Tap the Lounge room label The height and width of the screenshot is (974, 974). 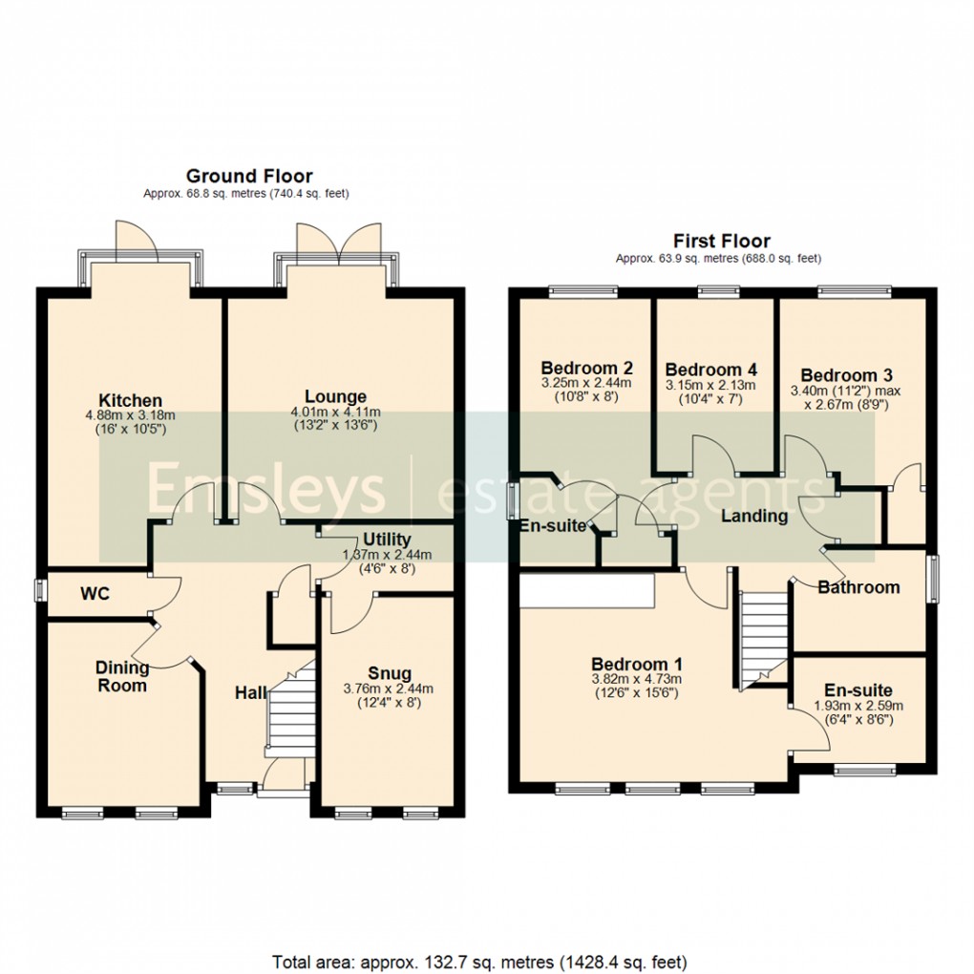click(335, 396)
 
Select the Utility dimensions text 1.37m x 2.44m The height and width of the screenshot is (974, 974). click(387, 555)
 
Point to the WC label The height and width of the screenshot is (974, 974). click(95, 594)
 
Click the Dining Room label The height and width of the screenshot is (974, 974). click(122, 676)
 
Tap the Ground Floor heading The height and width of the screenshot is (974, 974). click(248, 176)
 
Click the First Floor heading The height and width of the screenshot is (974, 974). click(721, 241)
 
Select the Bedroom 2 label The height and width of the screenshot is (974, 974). click(586, 368)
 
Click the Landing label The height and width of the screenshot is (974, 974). click(753, 517)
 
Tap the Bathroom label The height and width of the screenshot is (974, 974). click(858, 587)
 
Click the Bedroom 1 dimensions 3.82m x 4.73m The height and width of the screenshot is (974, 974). click(634, 679)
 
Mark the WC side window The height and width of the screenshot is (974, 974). click(40, 590)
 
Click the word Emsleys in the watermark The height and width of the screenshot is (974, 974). click(265, 493)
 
